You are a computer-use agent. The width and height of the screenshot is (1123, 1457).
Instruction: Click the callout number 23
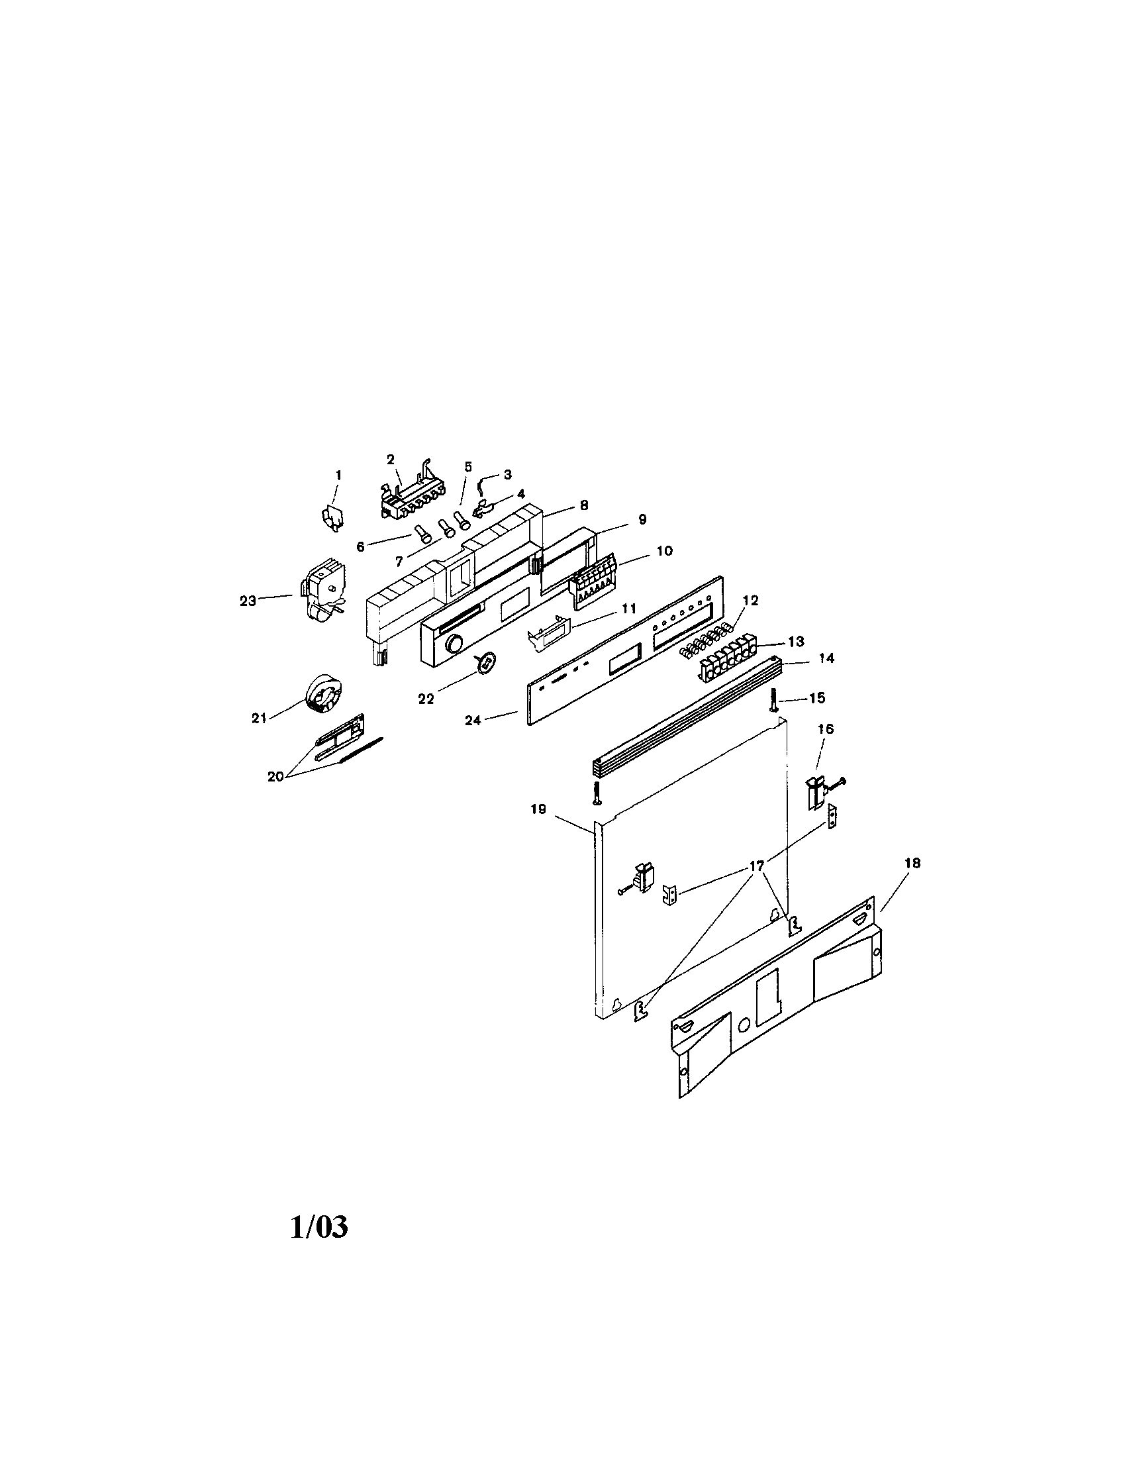[248, 601]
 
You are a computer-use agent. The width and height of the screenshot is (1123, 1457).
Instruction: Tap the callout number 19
[538, 809]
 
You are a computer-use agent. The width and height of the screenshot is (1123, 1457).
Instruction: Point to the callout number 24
[473, 721]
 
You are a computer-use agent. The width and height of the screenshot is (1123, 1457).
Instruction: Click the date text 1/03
[319, 1226]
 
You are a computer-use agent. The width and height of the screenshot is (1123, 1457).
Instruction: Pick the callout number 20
[275, 777]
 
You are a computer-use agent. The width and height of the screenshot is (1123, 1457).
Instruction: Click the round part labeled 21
[322, 693]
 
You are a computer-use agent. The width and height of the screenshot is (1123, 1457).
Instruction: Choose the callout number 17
[757, 866]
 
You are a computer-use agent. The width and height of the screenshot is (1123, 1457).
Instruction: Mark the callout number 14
[826, 658]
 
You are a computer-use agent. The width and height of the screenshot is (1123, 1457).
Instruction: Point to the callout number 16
[826, 729]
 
